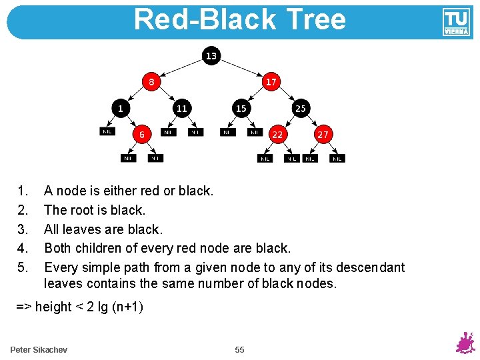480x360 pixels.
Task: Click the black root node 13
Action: coord(211,56)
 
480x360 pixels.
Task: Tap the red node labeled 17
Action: coord(271,82)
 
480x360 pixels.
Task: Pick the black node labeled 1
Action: coord(121,107)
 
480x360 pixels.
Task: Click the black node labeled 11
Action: coord(181,107)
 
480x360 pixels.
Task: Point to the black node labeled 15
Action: coord(241,107)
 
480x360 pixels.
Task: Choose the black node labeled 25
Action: coord(301,107)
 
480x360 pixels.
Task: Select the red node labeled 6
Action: coord(142,134)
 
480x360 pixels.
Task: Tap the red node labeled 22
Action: coord(277,134)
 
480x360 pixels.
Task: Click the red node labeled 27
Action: coord(323,134)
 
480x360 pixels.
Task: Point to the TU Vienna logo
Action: coord(456,23)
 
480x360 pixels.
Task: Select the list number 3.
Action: coord(23,229)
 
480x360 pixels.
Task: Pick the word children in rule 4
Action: coord(109,248)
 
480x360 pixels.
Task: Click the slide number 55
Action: coord(240,350)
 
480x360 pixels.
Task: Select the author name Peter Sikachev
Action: coord(39,350)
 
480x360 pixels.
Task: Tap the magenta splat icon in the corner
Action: coord(465,343)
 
